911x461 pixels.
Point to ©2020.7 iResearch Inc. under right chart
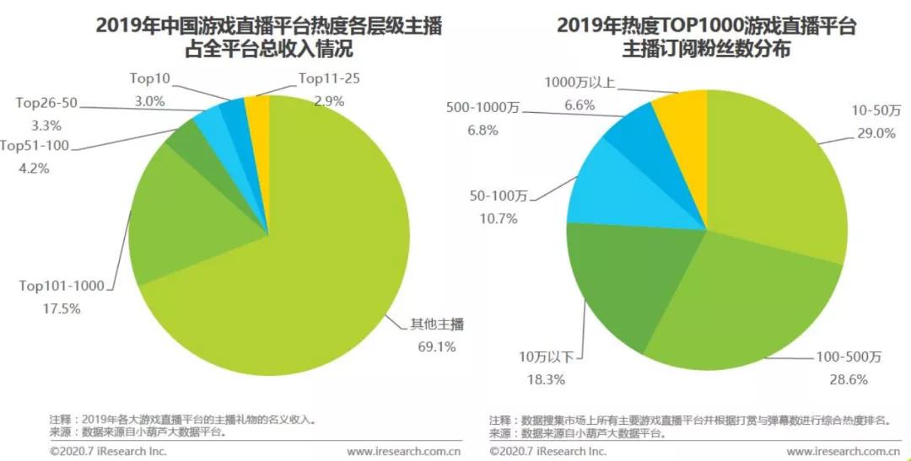coord(547,452)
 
